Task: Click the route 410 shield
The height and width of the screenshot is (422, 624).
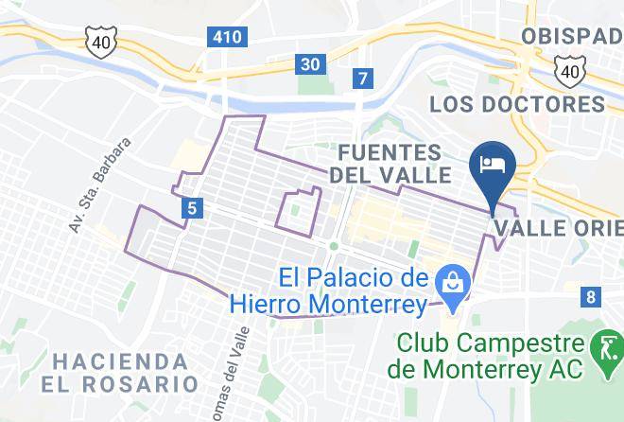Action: coord(227,37)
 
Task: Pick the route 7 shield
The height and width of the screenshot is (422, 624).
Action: coord(360,79)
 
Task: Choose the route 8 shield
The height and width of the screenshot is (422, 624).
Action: coord(591,297)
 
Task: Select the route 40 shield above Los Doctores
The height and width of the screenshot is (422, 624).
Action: coord(568,70)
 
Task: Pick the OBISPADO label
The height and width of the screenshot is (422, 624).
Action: coord(571,35)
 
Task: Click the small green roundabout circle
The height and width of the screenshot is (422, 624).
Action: coord(333,246)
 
